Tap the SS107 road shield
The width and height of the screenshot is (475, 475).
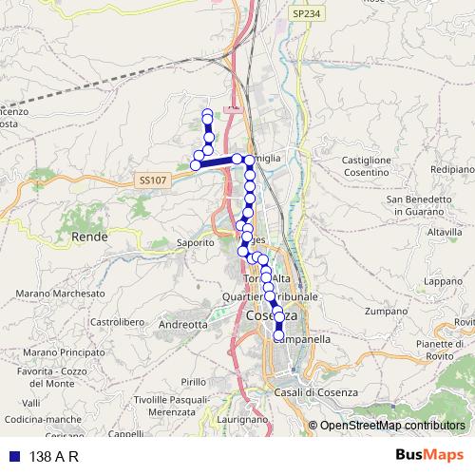click(150, 179)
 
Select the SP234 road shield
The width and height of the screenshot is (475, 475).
click(305, 15)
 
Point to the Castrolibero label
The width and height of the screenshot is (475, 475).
click(116, 322)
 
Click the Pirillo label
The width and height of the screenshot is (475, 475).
click(192, 381)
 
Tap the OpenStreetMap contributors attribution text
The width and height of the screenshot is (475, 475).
click(392, 426)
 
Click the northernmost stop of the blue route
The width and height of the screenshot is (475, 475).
click(207, 115)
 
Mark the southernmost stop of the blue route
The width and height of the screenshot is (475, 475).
click(279, 336)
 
